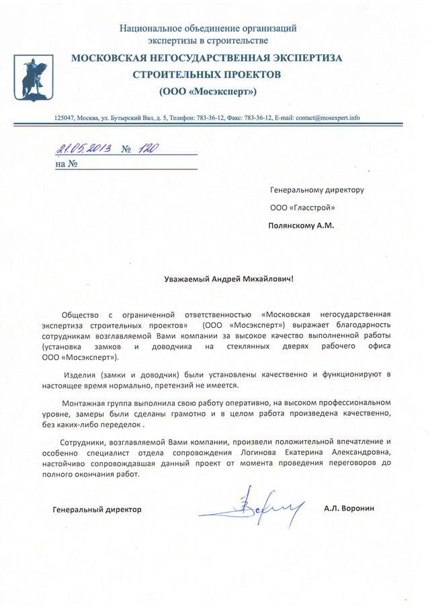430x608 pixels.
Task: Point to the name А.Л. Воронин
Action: click(x=348, y=509)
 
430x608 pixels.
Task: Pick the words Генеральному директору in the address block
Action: click(x=316, y=189)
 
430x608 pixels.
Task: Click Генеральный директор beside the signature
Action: click(x=97, y=510)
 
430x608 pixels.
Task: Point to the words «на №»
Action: click(x=67, y=163)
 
